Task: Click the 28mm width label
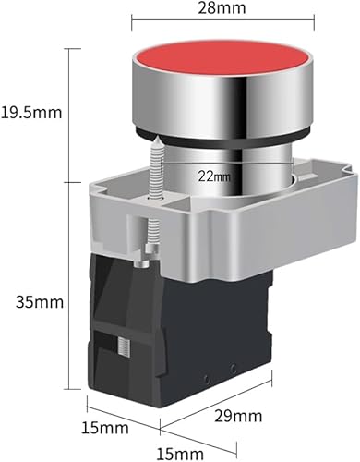point(222,8)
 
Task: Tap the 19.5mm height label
point(31,113)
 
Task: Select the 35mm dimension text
point(40,302)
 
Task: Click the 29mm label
point(238,417)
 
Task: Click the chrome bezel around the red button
point(223,102)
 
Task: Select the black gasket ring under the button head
point(222,139)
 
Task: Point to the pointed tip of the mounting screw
point(156,138)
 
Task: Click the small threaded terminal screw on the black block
point(124,346)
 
